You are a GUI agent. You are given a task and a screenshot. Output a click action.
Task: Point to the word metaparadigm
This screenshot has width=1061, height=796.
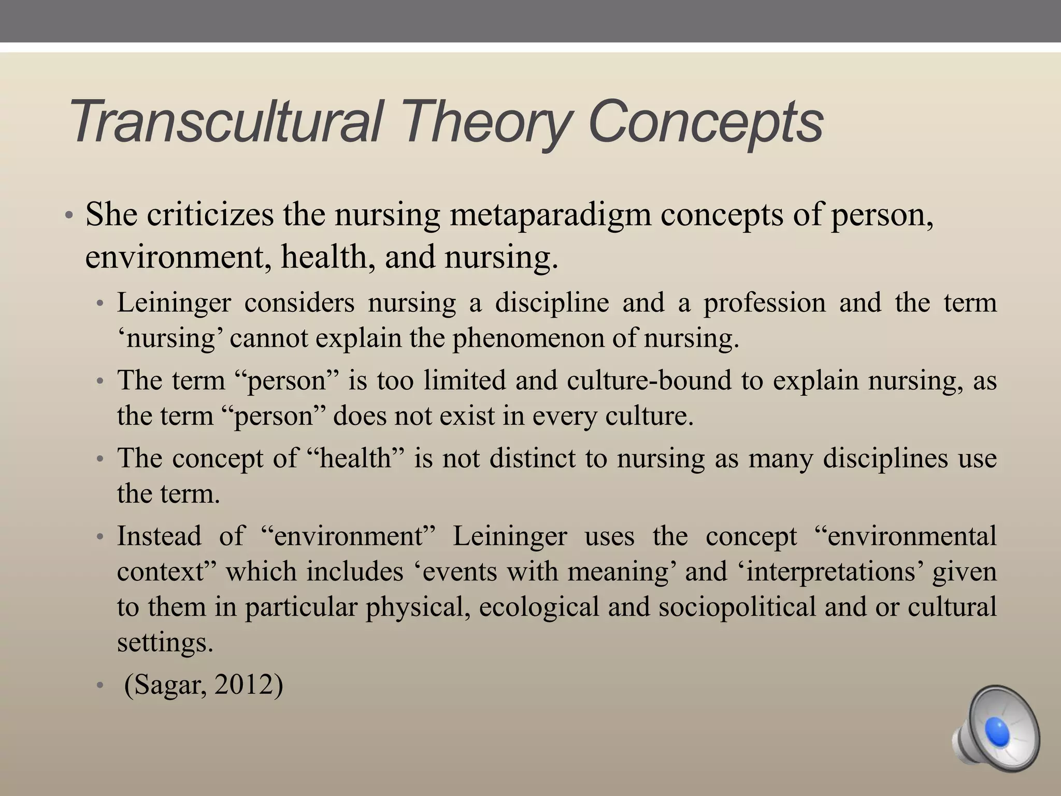pos(550,215)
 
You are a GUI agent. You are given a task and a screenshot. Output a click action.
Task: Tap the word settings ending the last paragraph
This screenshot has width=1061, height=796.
pos(165,643)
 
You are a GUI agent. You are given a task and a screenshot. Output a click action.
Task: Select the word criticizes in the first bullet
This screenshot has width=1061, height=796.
pos(210,214)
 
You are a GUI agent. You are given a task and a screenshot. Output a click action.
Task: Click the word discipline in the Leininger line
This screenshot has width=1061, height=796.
pos(552,303)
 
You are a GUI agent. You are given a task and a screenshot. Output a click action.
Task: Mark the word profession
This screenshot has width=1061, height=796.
pos(764,303)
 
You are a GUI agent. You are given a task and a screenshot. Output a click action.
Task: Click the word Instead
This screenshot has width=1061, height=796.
pos(159,535)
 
